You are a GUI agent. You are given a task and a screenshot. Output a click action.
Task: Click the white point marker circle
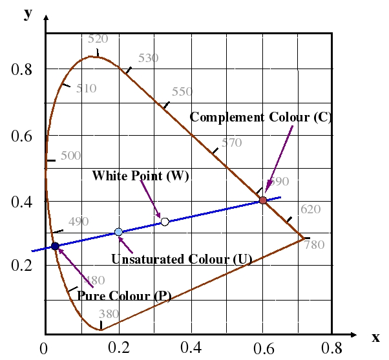tap(165, 222)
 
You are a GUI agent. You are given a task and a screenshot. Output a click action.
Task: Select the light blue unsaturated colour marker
tap(118, 232)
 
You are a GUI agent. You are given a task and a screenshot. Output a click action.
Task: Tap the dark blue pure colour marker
tap(55, 246)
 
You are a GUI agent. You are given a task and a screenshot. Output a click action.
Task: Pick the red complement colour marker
tap(263, 200)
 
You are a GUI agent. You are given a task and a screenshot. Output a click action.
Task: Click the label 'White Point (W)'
tap(140, 176)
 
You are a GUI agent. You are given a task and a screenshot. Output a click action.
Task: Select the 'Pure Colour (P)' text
tap(124, 295)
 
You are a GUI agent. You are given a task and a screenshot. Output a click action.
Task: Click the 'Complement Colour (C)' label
tap(260, 117)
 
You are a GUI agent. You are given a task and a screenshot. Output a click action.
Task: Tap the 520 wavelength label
tap(98, 39)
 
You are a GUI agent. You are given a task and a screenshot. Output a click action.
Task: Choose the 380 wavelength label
tap(109, 314)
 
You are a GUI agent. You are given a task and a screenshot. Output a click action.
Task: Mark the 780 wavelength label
tap(314, 245)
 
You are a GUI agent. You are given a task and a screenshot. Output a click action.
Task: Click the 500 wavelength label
tap(70, 156)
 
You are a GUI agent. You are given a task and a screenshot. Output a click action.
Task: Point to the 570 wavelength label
tap(231, 143)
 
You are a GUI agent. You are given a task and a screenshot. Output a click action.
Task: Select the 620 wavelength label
tap(310, 209)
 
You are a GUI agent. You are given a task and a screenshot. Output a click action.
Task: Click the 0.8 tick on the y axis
tap(22, 69)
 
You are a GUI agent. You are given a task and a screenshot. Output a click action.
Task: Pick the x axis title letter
tap(375, 337)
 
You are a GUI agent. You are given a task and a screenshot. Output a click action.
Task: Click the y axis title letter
tap(28, 13)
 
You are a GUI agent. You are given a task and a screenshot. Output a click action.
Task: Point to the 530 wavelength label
tap(148, 58)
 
